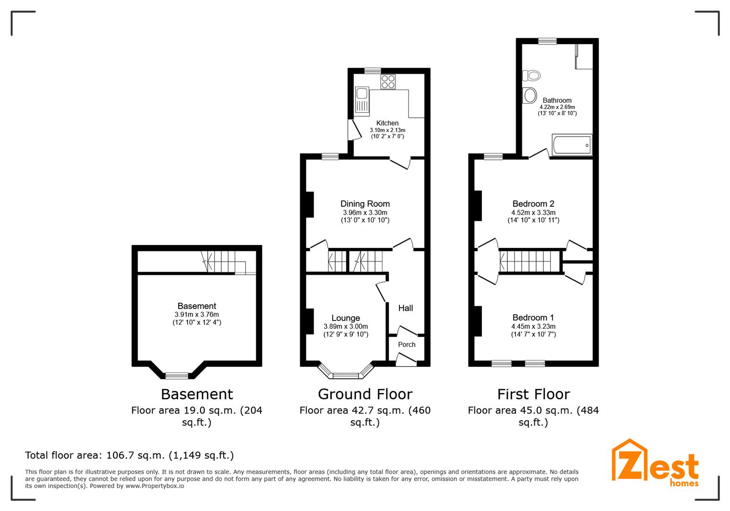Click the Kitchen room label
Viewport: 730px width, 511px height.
pos(387,123)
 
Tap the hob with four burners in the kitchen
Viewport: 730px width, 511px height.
pos(388,82)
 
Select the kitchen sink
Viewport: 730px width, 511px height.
pos(362,101)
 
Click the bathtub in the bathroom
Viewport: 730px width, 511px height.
pos(572,145)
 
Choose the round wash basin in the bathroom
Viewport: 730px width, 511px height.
pos(530,95)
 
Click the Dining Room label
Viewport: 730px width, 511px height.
pos(365,204)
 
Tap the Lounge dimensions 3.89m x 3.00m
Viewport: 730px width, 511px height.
pos(346,326)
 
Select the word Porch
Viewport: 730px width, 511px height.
pos(407,344)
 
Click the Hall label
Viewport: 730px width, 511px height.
pos(405,308)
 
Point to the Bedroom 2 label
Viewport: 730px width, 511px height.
pos(533,204)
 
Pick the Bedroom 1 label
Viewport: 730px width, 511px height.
pos(533,317)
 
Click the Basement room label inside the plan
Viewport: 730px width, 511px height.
pos(197,306)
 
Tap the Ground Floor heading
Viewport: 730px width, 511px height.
pos(365,394)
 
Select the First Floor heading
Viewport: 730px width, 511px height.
pos(533,394)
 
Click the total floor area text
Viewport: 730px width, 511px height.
pos(129,455)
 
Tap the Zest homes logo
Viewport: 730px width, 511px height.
pos(655,464)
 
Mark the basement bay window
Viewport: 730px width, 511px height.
pos(177,376)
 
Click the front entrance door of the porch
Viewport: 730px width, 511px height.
pos(406,361)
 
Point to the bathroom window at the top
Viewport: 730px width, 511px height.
pos(547,41)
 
